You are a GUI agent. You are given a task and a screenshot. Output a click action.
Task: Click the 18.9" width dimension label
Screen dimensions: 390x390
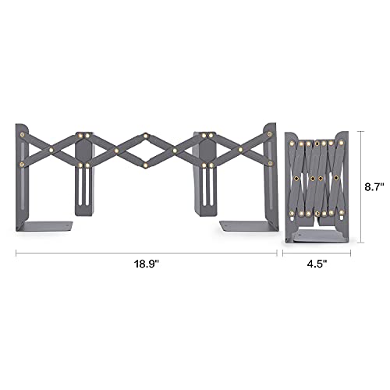click(146, 264)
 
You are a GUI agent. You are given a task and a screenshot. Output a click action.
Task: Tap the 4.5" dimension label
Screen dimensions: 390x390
click(317, 264)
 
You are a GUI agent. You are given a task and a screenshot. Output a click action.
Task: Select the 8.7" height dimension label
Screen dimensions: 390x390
click(374, 187)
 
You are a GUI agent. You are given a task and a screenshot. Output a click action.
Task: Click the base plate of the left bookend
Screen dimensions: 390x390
click(46, 225)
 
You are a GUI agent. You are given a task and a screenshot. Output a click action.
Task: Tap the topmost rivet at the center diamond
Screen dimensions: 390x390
click(146, 135)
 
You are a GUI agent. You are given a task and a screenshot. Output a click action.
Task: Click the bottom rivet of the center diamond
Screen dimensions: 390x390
click(146, 165)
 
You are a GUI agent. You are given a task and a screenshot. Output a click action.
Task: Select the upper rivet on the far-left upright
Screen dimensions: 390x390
click(23, 135)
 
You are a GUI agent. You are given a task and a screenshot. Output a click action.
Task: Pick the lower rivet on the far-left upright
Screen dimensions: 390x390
click(22, 165)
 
